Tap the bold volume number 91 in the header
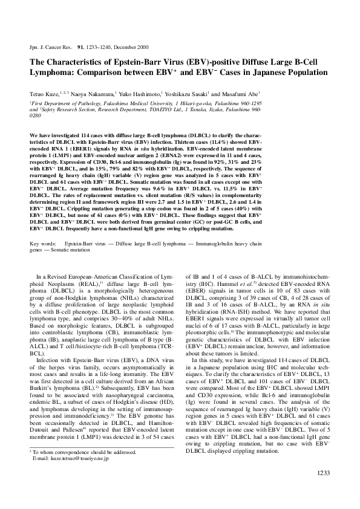(x=73, y=47)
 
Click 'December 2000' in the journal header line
(x=134, y=47)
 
